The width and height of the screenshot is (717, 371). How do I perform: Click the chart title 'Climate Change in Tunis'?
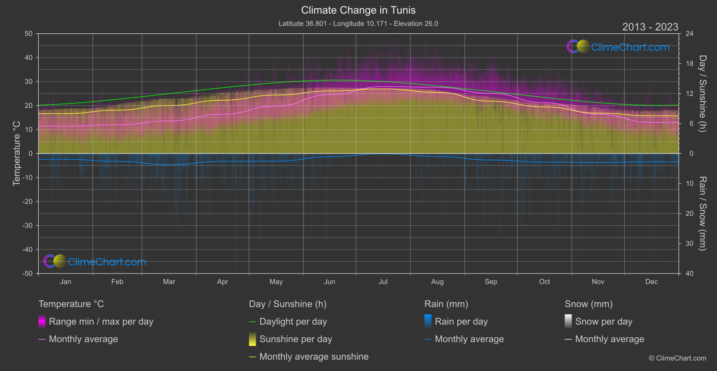click(x=358, y=10)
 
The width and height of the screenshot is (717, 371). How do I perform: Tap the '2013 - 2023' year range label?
click(x=650, y=27)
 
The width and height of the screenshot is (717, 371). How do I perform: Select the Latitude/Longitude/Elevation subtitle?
click(x=358, y=23)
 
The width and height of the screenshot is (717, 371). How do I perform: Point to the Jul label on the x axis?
click(x=383, y=282)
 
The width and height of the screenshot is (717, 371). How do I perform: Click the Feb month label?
click(x=117, y=282)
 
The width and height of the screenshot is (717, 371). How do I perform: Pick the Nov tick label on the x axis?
click(x=598, y=282)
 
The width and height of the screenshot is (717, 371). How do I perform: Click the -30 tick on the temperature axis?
click(x=28, y=226)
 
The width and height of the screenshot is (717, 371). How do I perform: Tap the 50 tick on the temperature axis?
click(x=29, y=34)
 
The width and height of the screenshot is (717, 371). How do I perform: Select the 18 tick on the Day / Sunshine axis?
click(x=690, y=64)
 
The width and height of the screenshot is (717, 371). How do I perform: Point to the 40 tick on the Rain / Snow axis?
click(x=690, y=273)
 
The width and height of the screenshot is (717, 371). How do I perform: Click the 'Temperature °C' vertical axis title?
click(x=17, y=153)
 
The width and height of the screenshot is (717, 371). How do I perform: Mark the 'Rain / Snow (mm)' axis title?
click(x=702, y=214)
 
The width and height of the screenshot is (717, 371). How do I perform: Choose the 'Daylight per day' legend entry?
click(x=293, y=322)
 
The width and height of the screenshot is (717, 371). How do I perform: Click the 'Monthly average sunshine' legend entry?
click(x=314, y=357)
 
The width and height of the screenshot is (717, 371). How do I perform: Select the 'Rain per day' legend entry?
click(x=461, y=322)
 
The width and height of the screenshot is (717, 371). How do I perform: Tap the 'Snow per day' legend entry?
click(x=604, y=322)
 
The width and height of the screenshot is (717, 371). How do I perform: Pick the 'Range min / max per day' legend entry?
click(x=101, y=322)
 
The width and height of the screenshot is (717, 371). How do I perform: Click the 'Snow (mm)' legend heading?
click(x=588, y=304)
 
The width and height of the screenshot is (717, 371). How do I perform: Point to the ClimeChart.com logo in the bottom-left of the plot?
click(x=95, y=262)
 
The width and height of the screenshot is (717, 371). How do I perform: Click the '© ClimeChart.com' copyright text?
click(x=677, y=358)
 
